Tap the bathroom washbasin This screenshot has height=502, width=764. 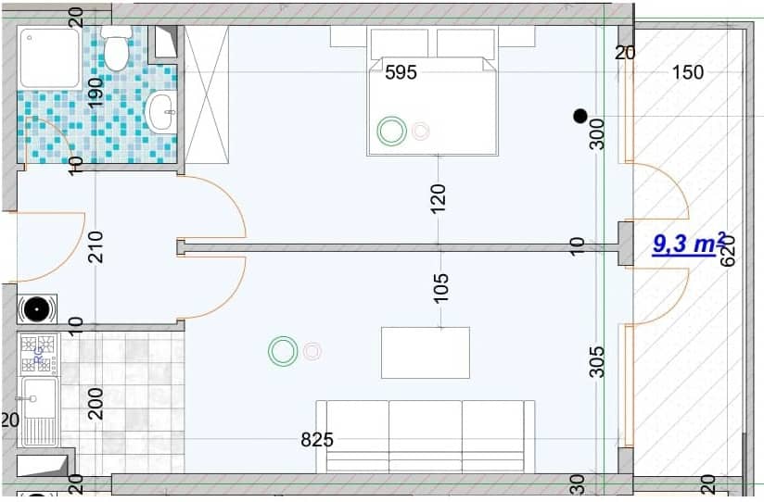161,112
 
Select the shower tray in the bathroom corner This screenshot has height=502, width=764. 50,56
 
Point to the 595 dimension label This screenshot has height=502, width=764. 401,72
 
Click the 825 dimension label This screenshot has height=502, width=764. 317,440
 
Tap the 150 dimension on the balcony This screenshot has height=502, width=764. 688,72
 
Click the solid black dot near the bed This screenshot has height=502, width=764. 580,116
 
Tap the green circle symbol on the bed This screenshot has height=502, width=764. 391,132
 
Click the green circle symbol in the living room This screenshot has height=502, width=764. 283,351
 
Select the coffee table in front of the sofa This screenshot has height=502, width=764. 425,352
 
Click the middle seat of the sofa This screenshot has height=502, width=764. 425,435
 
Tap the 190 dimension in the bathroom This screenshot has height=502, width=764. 95,93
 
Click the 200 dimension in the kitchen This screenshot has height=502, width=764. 95,404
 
